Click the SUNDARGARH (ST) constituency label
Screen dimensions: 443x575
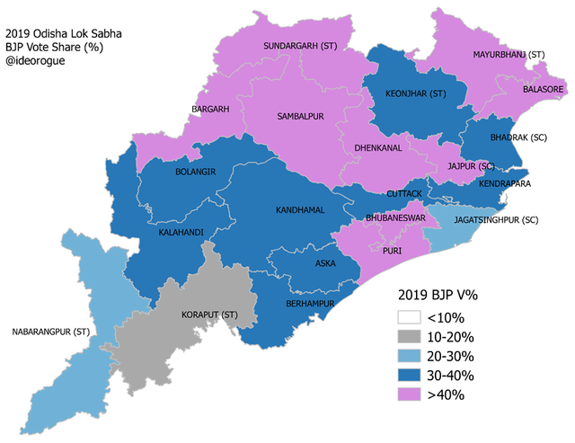tap(299, 45)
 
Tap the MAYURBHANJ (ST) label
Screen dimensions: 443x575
tap(509, 56)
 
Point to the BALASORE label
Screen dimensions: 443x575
tap(543, 90)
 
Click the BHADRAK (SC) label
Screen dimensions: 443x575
tap(518, 138)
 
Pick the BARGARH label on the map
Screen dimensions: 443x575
tap(210, 110)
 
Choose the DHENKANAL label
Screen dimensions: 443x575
tap(376, 149)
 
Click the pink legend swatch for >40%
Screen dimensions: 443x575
tap(411, 394)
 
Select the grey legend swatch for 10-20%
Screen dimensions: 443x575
tap(411, 337)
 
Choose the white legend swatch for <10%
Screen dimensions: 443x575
tap(411, 318)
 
